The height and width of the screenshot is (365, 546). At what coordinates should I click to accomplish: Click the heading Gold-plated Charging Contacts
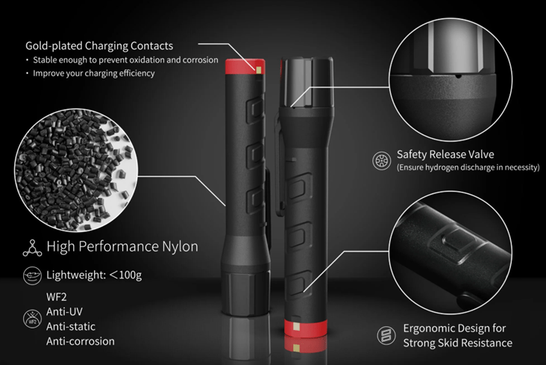[x=99, y=46]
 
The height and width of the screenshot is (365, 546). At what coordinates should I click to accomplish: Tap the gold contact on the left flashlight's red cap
[x=259, y=70]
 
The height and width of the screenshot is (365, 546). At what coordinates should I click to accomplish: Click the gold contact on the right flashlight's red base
[x=296, y=327]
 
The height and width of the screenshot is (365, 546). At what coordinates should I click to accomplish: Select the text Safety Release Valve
[x=445, y=154]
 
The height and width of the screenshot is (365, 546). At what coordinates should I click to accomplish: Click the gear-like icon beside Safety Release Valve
[x=382, y=160]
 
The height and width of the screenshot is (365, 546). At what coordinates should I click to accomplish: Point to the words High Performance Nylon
[x=122, y=246]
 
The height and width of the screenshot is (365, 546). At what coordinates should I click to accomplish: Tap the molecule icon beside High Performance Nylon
[x=32, y=249]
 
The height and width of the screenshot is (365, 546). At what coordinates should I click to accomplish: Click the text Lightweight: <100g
[x=94, y=275]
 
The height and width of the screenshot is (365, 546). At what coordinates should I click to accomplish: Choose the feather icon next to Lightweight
[x=32, y=275]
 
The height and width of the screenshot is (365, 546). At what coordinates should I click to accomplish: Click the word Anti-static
[x=71, y=327]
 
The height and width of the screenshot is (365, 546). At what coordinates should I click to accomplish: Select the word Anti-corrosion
[x=81, y=341]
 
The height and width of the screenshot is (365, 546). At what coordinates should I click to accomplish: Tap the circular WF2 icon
[x=32, y=319]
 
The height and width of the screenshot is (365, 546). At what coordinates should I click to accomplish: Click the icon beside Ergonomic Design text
[x=386, y=335]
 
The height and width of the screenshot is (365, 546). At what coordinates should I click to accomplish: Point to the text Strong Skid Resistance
[x=457, y=343]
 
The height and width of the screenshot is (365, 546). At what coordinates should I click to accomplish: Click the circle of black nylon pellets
[x=76, y=170]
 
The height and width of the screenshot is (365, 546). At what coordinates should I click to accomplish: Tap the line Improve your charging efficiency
[x=94, y=73]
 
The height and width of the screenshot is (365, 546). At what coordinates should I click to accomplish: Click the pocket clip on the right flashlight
[x=280, y=164]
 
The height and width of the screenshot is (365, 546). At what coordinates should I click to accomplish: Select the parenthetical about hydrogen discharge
[x=468, y=167]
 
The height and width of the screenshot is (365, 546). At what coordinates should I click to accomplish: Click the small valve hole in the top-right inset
[x=459, y=75]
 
